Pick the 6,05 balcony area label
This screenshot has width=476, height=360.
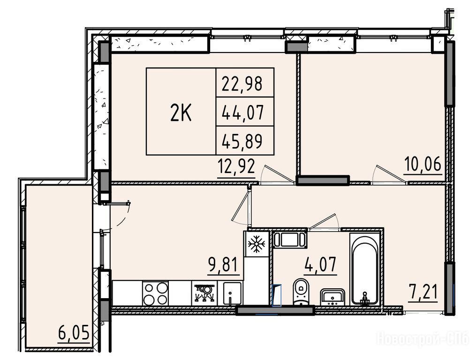tap(74, 333)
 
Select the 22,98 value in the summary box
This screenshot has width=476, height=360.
tap(242, 84)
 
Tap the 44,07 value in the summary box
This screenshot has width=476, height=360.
tap(242, 112)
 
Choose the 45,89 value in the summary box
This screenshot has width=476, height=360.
tap(242, 142)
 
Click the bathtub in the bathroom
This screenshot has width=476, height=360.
tap(364, 269)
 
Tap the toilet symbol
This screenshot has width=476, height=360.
tap(301, 291)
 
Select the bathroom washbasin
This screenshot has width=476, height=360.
tap(332, 297)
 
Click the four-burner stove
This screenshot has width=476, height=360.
tap(155, 293)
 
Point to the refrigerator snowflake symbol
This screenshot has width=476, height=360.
tap(257, 244)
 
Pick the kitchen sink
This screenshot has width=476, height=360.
tap(232, 293)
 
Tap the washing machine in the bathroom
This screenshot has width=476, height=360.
tap(290, 240)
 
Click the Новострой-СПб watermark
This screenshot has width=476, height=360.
tap(423, 338)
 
